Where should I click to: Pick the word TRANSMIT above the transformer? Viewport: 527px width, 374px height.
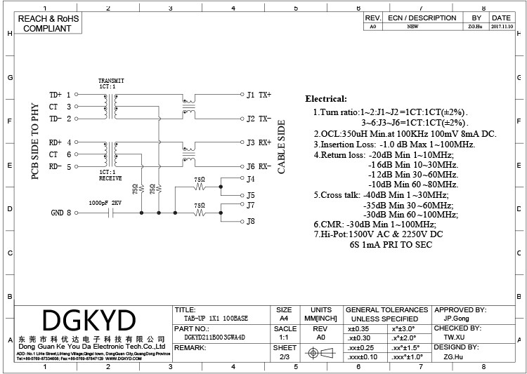coord(111,81)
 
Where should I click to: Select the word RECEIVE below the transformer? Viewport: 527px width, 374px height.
coord(110,179)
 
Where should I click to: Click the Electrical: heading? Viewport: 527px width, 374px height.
coord(325,99)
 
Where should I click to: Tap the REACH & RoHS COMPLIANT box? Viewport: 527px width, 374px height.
coord(46,24)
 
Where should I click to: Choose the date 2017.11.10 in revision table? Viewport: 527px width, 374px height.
coord(501,27)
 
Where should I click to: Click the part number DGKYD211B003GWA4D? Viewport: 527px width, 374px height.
coord(210,337)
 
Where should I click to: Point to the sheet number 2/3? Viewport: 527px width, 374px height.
coord(285,356)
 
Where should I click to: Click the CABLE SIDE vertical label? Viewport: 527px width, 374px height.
coord(282,147)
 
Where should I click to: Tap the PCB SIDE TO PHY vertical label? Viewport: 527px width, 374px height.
coord(35,141)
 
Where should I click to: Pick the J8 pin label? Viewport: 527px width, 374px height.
coord(250,222)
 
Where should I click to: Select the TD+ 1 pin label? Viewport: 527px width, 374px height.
coord(60,94)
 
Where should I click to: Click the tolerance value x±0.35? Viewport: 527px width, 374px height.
coord(358,328)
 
